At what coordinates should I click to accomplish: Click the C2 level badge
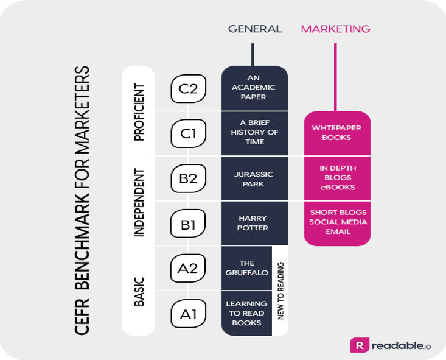click(188, 89)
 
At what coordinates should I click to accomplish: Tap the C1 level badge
click(188, 133)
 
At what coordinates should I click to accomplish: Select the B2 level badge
click(188, 178)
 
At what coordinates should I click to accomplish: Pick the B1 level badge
click(188, 224)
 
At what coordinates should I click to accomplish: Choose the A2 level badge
click(188, 269)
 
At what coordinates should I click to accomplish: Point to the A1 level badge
click(188, 314)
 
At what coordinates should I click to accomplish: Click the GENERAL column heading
click(255, 29)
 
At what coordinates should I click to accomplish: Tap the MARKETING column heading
click(335, 29)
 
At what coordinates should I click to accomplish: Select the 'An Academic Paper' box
click(254, 88)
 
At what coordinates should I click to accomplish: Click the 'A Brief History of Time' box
click(254, 133)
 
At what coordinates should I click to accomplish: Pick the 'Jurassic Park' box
click(254, 178)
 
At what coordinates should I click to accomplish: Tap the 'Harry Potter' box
click(254, 224)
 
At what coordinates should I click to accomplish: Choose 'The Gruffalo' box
click(246, 268)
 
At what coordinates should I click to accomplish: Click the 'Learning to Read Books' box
click(246, 313)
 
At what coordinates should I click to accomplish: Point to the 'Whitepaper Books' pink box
click(336, 133)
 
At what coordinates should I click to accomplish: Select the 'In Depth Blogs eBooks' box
click(336, 178)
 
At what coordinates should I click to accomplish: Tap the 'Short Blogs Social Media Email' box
click(336, 222)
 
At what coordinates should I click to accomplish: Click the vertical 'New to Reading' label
click(280, 291)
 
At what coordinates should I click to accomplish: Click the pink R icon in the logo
click(360, 345)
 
